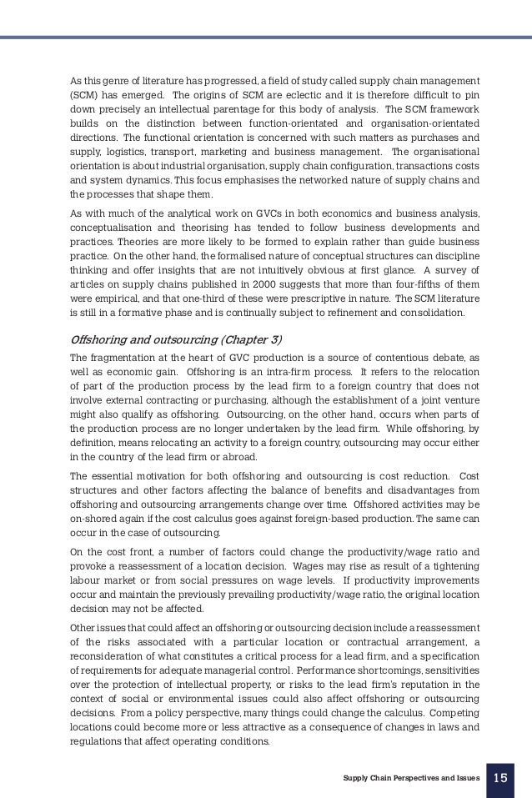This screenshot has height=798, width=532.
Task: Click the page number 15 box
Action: tap(500, 778)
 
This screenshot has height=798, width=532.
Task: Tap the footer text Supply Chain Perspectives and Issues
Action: tap(412, 778)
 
